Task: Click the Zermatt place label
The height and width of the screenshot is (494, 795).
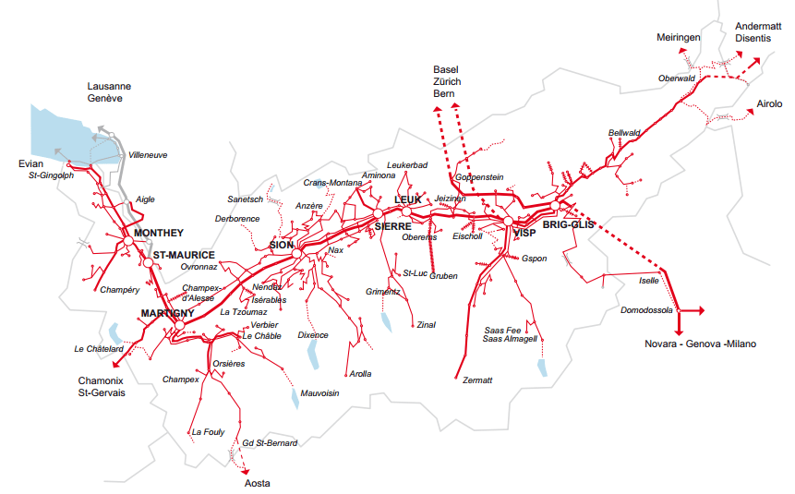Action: pos(476,380)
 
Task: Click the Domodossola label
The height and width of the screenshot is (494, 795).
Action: pos(646,310)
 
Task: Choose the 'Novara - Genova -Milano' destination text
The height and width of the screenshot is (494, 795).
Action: pos(700,343)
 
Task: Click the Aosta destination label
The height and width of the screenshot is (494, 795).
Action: pos(257,483)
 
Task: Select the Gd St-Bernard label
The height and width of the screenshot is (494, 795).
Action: pos(270,443)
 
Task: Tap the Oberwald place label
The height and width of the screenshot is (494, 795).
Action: pos(676,78)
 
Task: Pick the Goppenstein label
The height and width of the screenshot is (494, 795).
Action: pos(479,176)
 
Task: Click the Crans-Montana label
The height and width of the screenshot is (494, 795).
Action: pos(332,183)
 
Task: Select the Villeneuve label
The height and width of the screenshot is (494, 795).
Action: pos(148,155)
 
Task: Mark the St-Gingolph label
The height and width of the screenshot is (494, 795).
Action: pos(51,175)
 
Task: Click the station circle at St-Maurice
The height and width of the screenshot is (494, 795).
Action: pos(147,263)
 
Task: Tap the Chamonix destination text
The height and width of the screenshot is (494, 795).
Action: pos(102,380)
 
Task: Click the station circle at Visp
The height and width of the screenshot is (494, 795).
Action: pos(508,222)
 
